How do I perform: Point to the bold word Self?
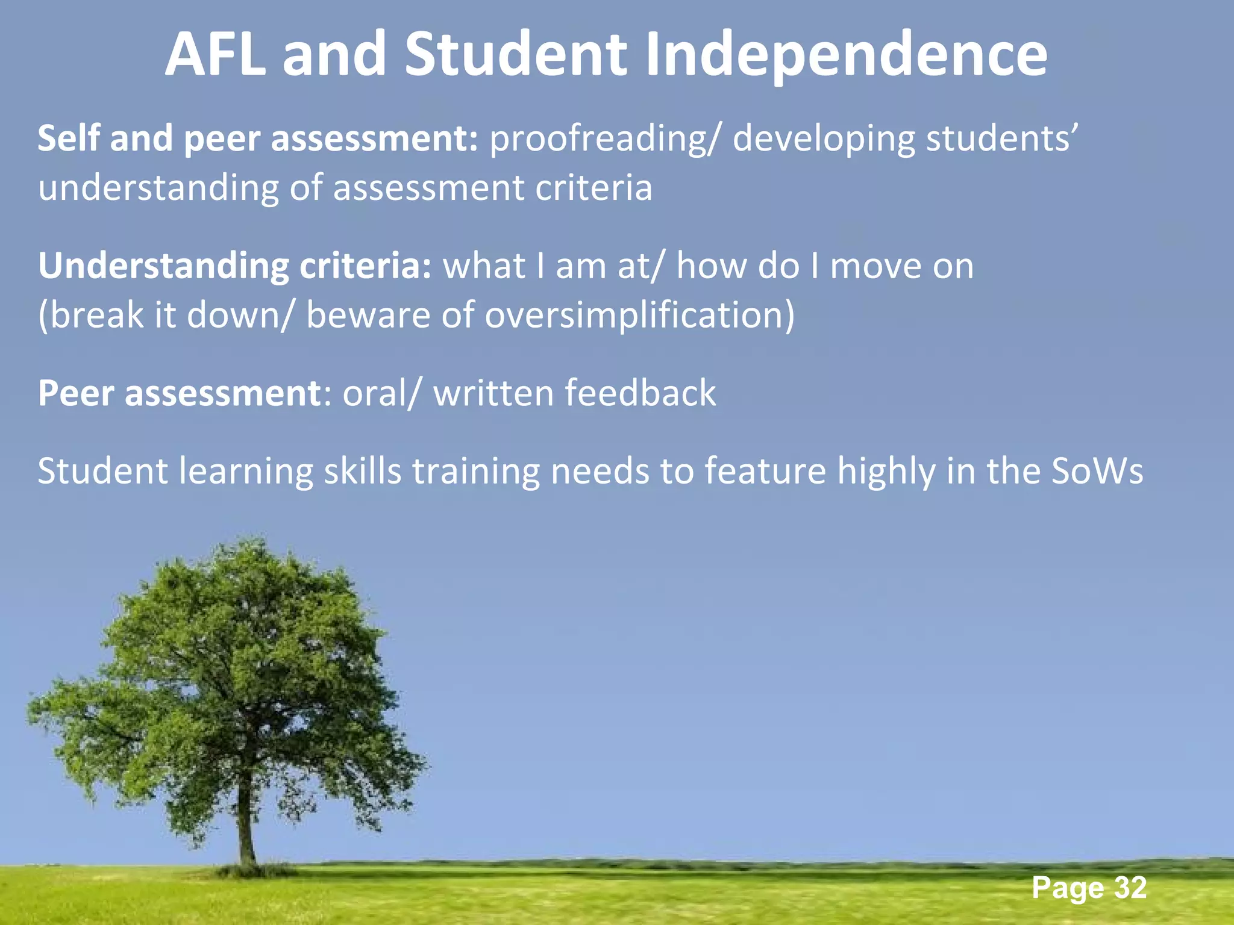[x=68, y=138]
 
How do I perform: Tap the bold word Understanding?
[x=163, y=267]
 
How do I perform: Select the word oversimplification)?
[x=640, y=315]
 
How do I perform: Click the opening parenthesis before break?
[x=43, y=316]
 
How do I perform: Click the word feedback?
[x=640, y=393]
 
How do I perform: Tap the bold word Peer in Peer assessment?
[x=76, y=394]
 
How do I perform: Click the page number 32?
[x=1130, y=888]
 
